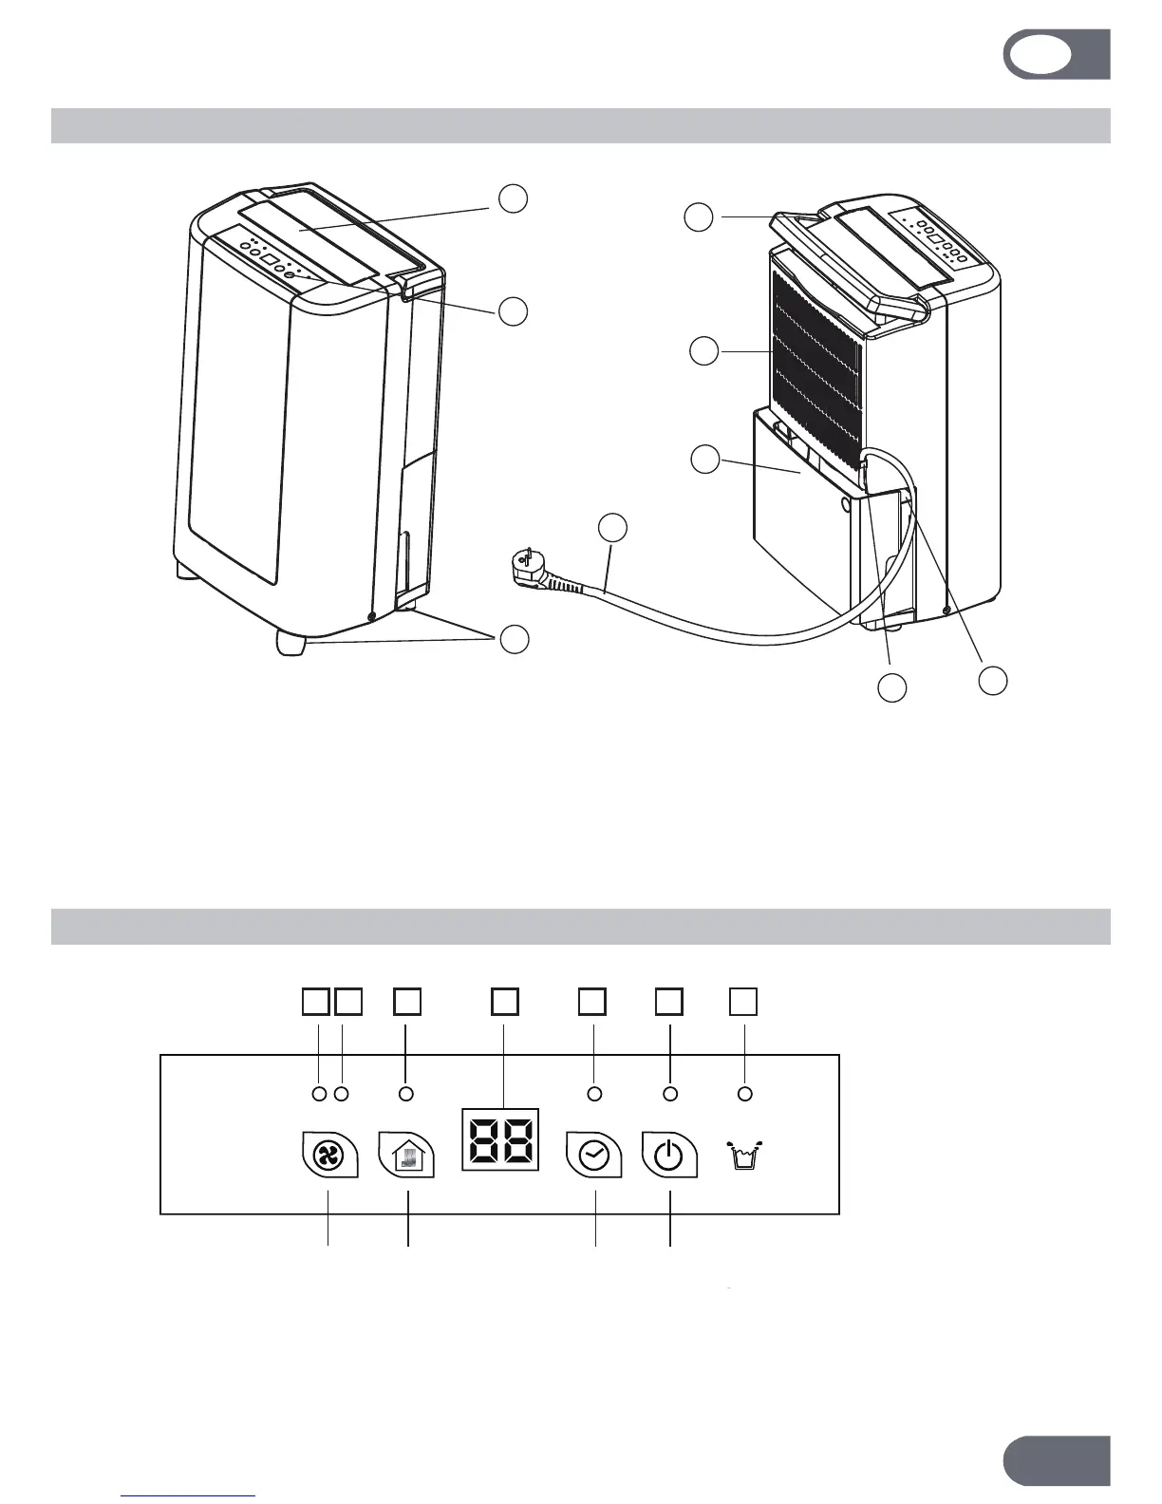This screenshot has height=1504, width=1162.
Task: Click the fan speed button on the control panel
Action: click(x=328, y=1154)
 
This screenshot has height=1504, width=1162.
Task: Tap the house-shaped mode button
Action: click(x=407, y=1154)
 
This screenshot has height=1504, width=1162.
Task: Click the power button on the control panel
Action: click(x=669, y=1154)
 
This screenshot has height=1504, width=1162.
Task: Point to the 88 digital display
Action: click(x=500, y=1138)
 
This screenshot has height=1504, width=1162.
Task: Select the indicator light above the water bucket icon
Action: click(x=745, y=1094)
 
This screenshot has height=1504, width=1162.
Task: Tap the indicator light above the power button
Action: click(x=670, y=1094)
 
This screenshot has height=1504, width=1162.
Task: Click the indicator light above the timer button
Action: click(x=595, y=1094)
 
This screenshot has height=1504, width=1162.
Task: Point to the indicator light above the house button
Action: click(x=406, y=1094)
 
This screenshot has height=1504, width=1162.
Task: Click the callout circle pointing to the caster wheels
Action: click(x=514, y=640)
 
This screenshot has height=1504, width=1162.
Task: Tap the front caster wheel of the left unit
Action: click(x=291, y=643)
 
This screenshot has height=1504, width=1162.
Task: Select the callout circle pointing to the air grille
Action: click(x=703, y=351)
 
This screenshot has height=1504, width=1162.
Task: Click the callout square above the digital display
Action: click(x=504, y=1001)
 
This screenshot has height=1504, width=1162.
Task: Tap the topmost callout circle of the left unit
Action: click(x=514, y=198)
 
